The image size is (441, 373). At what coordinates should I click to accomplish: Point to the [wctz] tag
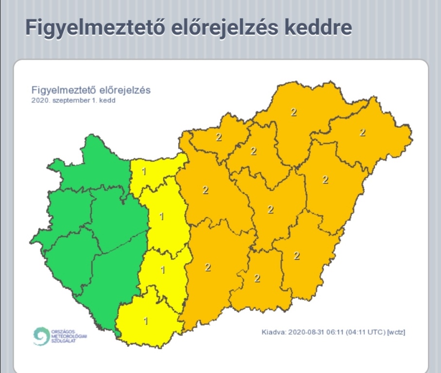pyautogui.click(x=397, y=333)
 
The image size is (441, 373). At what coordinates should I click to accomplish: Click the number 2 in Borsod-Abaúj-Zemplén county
pyautogui.click(x=294, y=112)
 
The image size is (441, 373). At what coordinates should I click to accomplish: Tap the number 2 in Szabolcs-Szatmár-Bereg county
pyautogui.click(x=362, y=132)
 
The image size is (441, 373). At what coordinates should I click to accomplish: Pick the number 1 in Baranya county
pyautogui.click(x=145, y=321)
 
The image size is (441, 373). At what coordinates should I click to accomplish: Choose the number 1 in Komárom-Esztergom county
pyautogui.click(x=144, y=171)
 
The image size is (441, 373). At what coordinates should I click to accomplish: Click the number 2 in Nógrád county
pyautogui.click(x=219, y=137)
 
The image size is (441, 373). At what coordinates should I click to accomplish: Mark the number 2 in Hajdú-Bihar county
pyautogui.click(x=325, y=180)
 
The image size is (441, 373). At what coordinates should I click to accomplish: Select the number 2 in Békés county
pyautogui.click(x=297, y=256)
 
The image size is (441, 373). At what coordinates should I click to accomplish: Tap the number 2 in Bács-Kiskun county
pyautogui.click(x=208, y=267)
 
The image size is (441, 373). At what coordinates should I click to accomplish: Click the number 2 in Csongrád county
pyautogui.click(x=257, y=278)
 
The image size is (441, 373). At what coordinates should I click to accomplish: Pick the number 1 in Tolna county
pyautogui.click(x=163, y=270)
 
